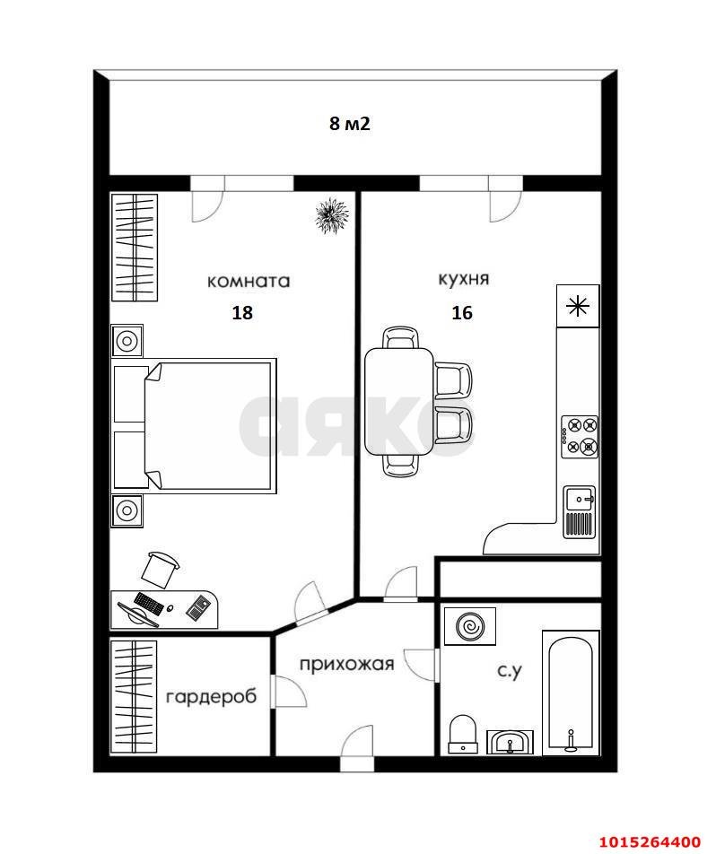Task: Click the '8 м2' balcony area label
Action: (350, 125)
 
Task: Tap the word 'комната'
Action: (249, 281)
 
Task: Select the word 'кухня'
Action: (463, 279)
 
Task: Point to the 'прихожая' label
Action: (346, 664)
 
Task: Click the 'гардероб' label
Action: (211, 696)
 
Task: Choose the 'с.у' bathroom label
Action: (509, 669)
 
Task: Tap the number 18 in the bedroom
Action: (242, 313)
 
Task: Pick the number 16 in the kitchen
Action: (462, 313)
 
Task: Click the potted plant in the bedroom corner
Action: (332, 215)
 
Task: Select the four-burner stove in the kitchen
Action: (579, 436)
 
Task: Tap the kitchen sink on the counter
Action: (579, 511)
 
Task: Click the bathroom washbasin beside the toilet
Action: (511, 742)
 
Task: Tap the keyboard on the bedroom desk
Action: (148, 604)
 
